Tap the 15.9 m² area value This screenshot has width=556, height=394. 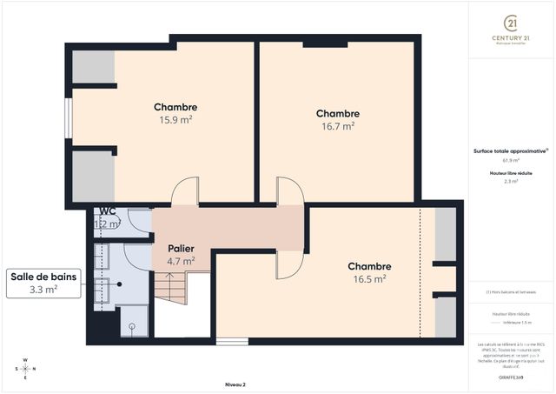pyautogui.click(x=175, y=120)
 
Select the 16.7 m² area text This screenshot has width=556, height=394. pyautogui.click(x=337, y=126)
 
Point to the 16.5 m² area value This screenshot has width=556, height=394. pyautogui.click(x=369, y=279)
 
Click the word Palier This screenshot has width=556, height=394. pyautogui.click(x=181, y=248)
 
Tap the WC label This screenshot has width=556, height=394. pyautogui.click(x=108, y=211)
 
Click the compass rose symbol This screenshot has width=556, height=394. pyautogui.click(x=25, y=368)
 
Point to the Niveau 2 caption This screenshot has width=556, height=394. pyautogui.click(x=235, y=384)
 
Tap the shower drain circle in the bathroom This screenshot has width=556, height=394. pyautogui.click(x=131, y=328)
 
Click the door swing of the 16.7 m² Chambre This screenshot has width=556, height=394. pyautogui.click(x=288, y=191)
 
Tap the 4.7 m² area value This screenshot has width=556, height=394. pyautogui.click(x=181, y=260)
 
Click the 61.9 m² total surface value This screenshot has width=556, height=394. pyautogui.click(x=511, y=160)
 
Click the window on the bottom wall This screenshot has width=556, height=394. pyautogui.click(x=232, y=342)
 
